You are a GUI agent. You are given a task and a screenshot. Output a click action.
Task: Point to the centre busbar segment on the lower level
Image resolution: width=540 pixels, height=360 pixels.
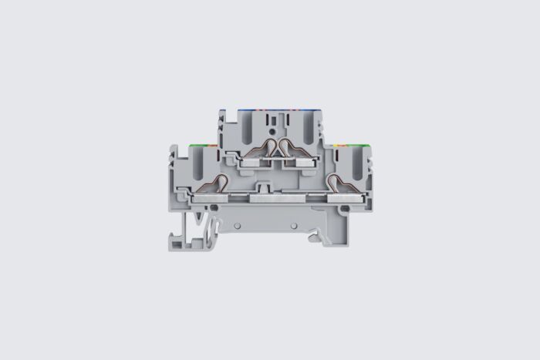point(274,198)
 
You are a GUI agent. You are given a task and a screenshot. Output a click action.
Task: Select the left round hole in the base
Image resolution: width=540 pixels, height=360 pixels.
point(238,224)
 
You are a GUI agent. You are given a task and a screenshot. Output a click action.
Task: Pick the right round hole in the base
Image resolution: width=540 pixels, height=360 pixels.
point(295,224)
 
